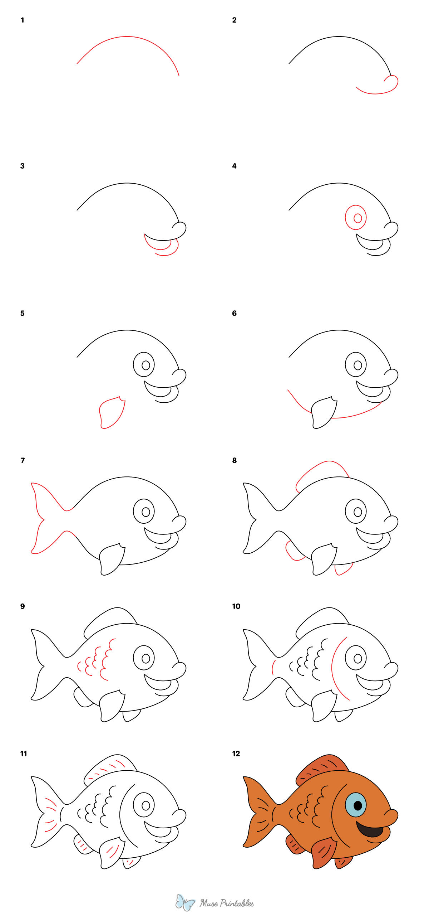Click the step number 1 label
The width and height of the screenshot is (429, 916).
pos(22,20)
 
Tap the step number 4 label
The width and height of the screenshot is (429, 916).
pos(234,166)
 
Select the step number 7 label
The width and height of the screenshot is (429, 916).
pos(23,460)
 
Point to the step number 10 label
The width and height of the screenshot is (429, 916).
pos(236,606)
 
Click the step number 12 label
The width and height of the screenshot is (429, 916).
pos(236,753)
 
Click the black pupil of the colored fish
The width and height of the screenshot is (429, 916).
pos(357,805)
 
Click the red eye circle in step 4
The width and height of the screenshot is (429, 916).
pos(356,217)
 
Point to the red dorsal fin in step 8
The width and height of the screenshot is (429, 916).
pos(322,469)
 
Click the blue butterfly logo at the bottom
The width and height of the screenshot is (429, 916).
pos(185,902)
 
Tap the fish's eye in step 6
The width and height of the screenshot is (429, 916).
pos(356,365)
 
